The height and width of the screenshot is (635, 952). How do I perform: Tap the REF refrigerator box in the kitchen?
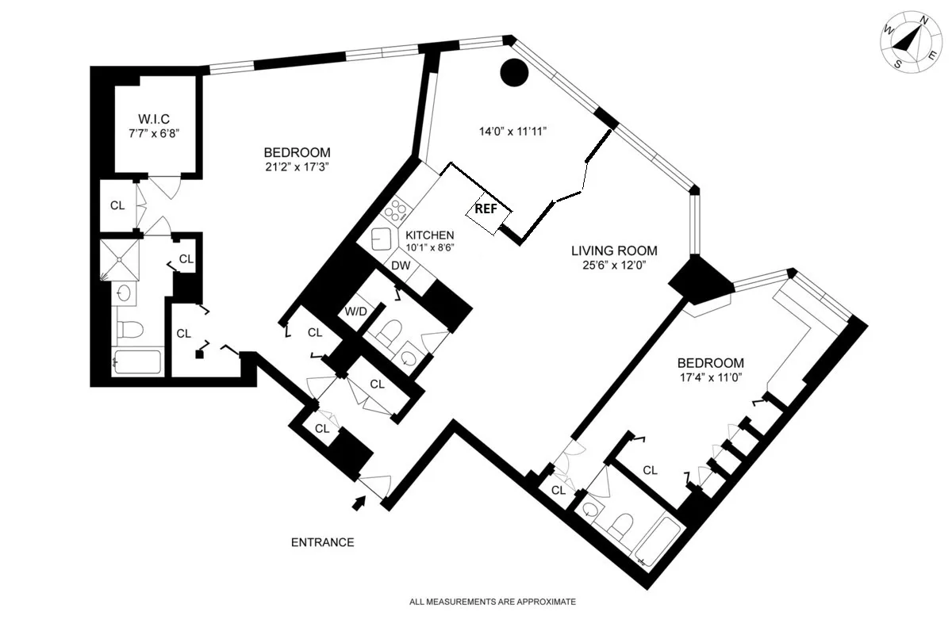tap(487, 210)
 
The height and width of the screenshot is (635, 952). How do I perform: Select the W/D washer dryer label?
tap(354, 312)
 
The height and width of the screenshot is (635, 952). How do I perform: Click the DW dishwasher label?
tap(401, 266)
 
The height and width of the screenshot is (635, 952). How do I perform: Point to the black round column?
tap(514, 73)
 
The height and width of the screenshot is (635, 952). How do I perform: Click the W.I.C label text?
tap(155, 119)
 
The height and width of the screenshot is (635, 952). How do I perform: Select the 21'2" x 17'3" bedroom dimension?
tap(297, 167)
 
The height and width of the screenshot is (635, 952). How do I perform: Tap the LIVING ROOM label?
tap(614, 251)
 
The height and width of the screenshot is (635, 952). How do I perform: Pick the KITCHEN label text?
tap(429, 235)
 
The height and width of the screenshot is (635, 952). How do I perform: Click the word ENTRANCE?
tap(322, 543)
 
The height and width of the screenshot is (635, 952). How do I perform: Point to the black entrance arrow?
tap(359, 502)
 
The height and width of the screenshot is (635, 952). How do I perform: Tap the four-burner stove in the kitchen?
tap(395, 211)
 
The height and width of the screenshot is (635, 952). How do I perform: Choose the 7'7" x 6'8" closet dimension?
tap(155, 133)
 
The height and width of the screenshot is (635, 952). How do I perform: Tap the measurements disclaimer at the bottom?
tap(492, 602)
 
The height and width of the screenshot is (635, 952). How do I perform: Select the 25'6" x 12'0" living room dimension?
tap(614, 266)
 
